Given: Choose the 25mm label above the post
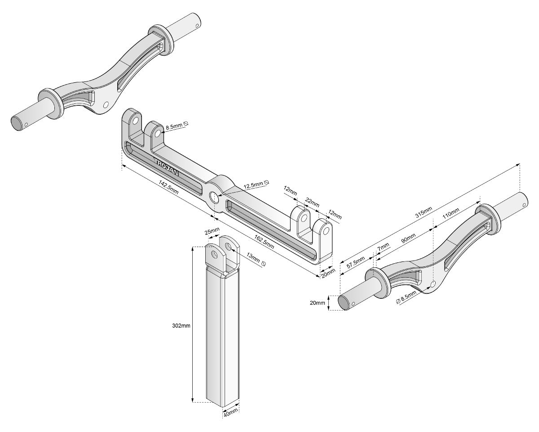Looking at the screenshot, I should tap(212, 232).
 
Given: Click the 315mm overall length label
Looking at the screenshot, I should tap(424, 213).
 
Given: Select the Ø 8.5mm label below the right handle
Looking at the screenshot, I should tap(407, 297).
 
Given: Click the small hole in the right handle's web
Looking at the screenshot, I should tap(433, 284).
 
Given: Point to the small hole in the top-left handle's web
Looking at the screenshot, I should tap(106, 104).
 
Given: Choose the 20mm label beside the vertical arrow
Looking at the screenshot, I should tap(317, 303).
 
